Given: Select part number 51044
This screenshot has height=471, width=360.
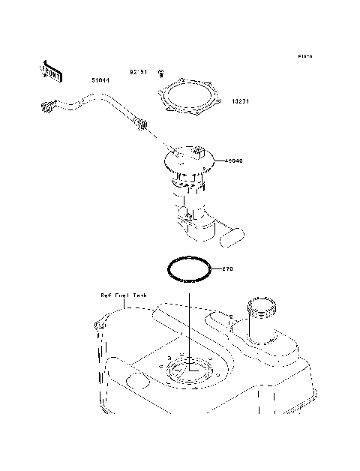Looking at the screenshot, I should click(100, 79).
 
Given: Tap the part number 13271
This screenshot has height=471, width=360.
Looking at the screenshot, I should click(241, 101).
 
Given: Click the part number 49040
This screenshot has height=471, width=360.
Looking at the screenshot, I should click(233, 160).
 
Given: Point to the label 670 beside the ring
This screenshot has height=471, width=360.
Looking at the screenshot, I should click(229, 268).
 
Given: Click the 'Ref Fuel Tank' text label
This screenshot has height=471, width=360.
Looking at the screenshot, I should click(123, 295).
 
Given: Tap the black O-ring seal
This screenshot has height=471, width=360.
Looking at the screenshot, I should click(187, 269).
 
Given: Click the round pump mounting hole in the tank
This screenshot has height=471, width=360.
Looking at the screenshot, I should click(189, 370).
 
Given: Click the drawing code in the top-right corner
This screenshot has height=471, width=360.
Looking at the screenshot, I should click(304, 57).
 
